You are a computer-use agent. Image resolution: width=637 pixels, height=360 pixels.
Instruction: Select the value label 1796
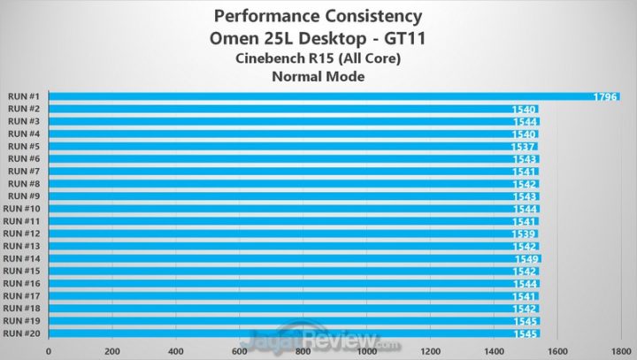605,96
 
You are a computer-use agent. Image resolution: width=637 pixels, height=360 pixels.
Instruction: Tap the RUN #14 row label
23,258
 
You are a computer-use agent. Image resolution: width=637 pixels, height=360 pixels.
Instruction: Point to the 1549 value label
527,258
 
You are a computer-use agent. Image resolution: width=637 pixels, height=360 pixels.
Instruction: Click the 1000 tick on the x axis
365,349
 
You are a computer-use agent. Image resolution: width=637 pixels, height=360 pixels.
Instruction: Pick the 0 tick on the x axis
49,349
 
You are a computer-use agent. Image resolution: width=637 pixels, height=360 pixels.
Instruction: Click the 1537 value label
525,146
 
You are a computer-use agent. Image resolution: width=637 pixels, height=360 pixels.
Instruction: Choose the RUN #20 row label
23,333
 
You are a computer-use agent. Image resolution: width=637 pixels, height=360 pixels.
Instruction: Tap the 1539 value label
525,234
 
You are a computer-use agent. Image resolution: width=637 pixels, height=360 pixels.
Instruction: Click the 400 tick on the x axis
175,349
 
